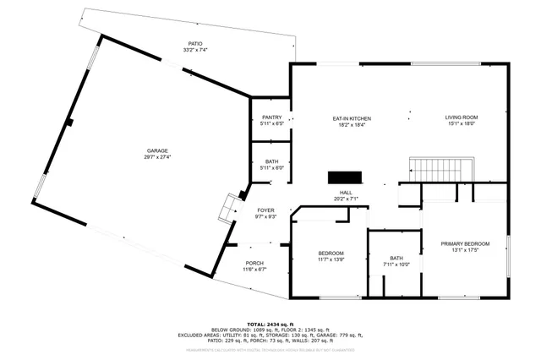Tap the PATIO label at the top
click(x=195, y=44)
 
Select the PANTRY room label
click(x=271, y=117)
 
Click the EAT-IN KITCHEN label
click(x=352, y=118)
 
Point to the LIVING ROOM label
click(x=462, y=118)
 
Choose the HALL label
click(x=346, y=193)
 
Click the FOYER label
click(x=266, y=210)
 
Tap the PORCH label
click(x=255, y=263)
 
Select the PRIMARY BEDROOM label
click(x=465, y=244)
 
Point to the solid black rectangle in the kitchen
click(x=345, y=177)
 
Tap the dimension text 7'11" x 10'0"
click(x=396, y=265)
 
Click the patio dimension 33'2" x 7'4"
click(x=195, y=51)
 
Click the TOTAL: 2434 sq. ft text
click(x=270, y=325)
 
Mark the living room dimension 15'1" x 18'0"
click(x=462, y=126)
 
